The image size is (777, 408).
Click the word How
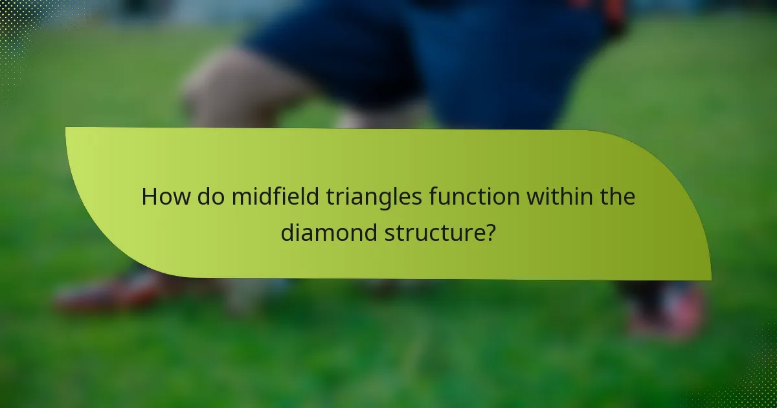click(165, 197)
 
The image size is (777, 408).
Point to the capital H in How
click(150, 197)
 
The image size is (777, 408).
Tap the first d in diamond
click(287, 232)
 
